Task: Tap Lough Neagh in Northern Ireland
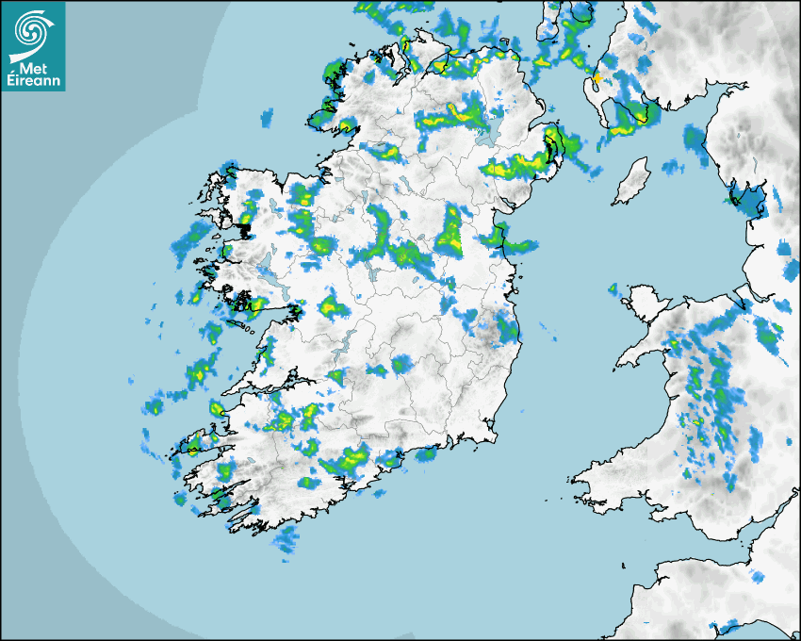coord(487,132)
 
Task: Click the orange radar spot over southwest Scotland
coord(596,76)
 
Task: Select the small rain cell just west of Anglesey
coord(613,288)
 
